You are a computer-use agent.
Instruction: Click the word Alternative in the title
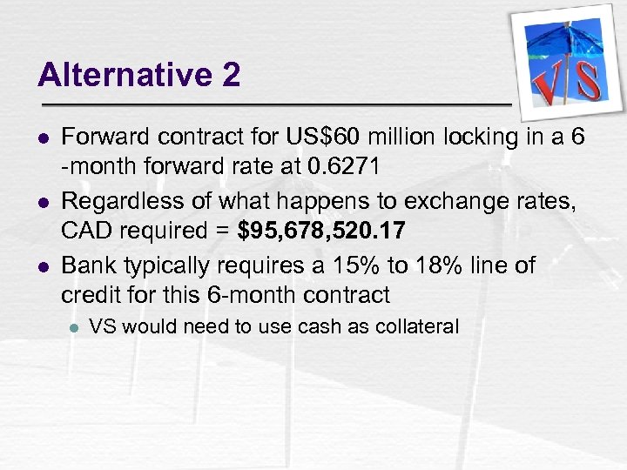tap(118, 76)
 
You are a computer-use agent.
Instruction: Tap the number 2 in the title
tap(231, 76)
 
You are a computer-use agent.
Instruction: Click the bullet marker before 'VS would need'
tap(74, 328)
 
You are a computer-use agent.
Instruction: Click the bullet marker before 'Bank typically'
tap(44, 265)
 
